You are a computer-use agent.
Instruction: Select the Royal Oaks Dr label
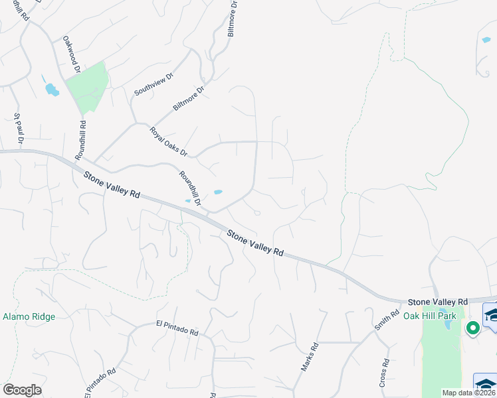tap(169, 141)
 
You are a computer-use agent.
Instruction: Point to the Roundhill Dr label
tap(189, 186)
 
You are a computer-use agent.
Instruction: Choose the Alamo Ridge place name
tap(29, 317)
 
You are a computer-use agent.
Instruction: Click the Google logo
tap(22, 389)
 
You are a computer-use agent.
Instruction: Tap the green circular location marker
tap(472, 327)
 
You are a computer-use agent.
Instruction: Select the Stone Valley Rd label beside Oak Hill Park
tap(439, 300)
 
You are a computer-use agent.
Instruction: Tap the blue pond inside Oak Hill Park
tap(448, 326)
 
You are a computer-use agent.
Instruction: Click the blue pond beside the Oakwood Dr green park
tap(50, 89)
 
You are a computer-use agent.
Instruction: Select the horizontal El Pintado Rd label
tap(177, 328)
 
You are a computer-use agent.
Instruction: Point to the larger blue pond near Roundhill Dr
tap(217, 192)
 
